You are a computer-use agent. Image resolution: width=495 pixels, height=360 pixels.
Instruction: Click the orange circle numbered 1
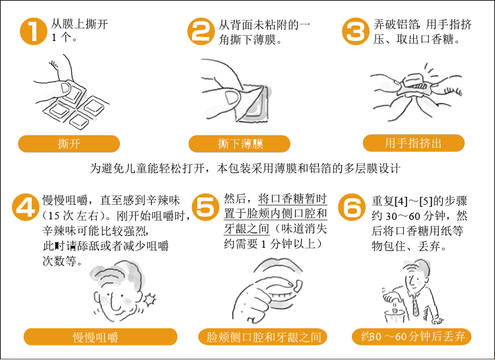point(34,31)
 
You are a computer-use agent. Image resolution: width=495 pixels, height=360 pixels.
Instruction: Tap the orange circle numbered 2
point(201,31)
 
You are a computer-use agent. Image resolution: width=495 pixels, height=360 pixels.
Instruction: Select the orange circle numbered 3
point(356,31)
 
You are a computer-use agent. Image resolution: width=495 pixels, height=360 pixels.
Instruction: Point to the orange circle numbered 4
point(26,207)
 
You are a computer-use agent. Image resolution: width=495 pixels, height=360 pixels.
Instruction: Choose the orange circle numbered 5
point(205,207)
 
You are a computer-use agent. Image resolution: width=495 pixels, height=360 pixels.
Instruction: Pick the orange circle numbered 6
point(352,207)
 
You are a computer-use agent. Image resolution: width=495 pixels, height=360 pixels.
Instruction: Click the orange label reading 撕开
point(69,144)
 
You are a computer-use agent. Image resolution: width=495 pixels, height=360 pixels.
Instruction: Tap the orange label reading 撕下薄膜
point(240,144)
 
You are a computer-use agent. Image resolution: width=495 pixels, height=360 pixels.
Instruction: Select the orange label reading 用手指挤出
point(414,143)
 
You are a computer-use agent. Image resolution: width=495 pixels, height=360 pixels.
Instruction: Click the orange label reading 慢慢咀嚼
point(100,337)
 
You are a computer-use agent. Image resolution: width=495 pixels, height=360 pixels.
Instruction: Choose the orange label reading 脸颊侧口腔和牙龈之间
point(263,337)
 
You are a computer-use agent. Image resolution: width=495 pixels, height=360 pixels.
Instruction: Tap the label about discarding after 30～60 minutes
point(411,336)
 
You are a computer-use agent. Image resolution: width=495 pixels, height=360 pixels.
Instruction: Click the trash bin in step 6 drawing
point(395,316)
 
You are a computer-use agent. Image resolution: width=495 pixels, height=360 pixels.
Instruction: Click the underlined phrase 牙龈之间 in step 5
point(247,229)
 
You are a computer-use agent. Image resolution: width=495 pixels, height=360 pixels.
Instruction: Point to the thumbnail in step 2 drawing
point(232,97)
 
